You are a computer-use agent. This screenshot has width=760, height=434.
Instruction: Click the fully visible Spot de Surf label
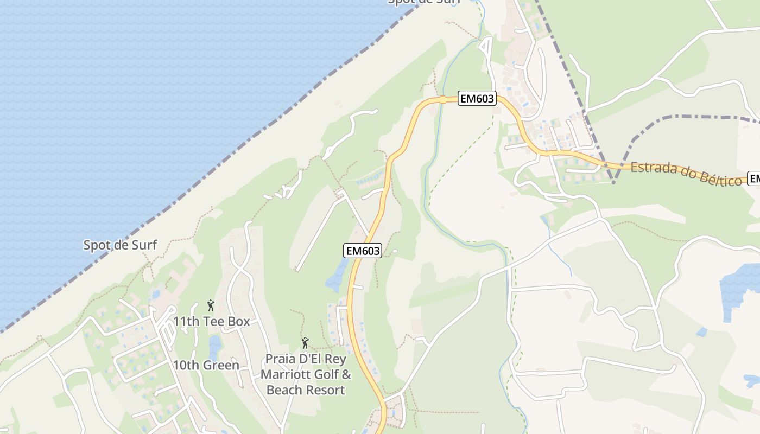click(120, 245)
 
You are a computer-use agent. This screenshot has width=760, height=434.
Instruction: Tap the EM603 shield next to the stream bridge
click(477, 99)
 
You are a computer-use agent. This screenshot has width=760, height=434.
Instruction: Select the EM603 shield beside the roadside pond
click(363, 251)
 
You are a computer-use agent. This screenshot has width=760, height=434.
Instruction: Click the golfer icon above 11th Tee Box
click(211, 305)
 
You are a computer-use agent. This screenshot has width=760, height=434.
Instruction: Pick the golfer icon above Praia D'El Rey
click(305, 343)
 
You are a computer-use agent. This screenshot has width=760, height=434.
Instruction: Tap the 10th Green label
click(206, 365)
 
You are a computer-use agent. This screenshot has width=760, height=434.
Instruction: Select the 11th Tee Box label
click(211, 322)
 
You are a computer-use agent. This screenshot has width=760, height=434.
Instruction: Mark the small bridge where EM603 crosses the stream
click(442, 99)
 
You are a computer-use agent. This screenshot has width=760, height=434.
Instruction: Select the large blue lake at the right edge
click(739, 288)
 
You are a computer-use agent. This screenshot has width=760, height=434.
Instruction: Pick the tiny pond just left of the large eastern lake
click(701, 332)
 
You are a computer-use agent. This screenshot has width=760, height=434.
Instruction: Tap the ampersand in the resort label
click(346, 375)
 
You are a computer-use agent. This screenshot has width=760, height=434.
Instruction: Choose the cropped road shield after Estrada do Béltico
click(753, 178)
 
